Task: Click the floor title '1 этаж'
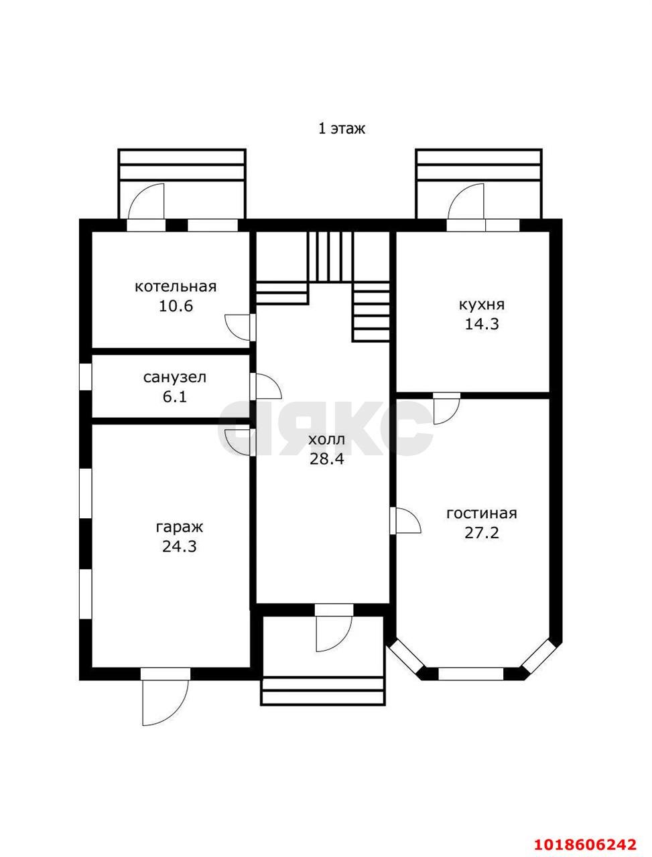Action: pos(342,129)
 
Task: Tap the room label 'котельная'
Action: pos(176,287)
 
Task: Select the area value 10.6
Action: pos(176,306)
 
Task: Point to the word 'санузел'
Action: pos(175,378)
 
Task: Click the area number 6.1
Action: pos(175,397)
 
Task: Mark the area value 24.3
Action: pos(180,547)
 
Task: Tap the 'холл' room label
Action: pos(326,440)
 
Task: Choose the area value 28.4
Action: pos(326,459)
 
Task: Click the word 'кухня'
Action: pos(482,305)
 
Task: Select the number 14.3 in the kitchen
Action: pos(482,324)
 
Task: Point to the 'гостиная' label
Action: pos(482,514)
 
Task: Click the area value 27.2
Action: pos(482,533)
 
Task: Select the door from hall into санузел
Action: pos(265,386)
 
